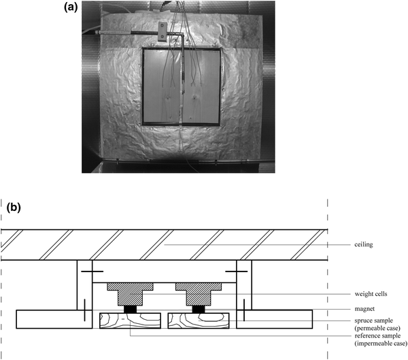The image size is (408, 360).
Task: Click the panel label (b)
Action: coord(14,208)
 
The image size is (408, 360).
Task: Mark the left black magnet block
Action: coord(129,309)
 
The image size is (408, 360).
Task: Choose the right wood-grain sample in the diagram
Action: coord(200,320)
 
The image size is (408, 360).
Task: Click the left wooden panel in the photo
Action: coord(163,86)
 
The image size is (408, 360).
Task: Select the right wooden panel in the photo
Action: coord(201,86)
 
